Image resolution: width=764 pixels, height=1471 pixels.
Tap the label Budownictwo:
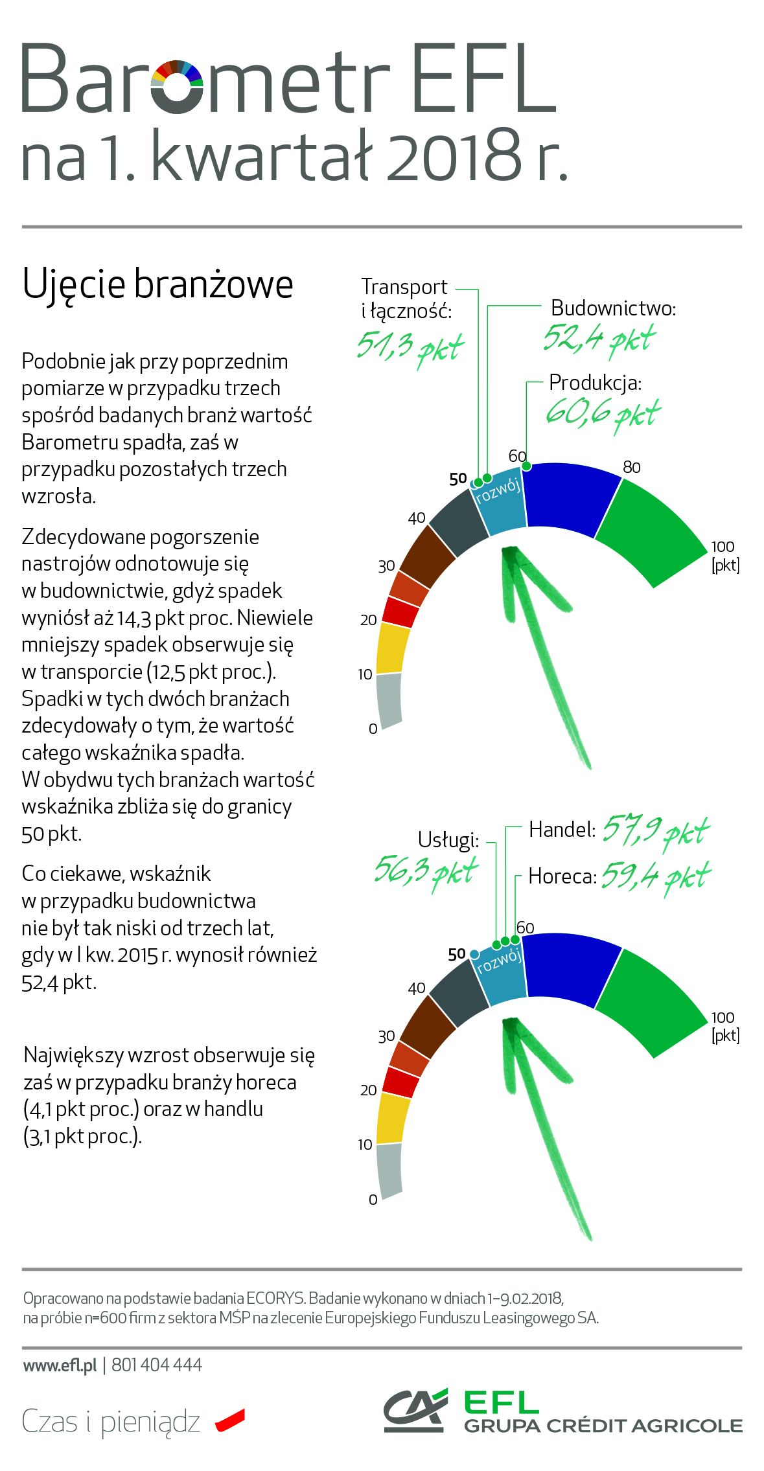click(613, 308)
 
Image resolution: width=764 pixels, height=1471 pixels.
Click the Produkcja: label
click(595, 383)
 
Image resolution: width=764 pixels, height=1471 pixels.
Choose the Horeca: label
click(562, 876)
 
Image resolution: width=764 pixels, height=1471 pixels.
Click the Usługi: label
click(448, 840)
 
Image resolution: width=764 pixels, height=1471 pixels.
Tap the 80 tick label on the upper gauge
click(631, 467)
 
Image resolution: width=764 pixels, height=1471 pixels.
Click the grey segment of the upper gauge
click(389, 700)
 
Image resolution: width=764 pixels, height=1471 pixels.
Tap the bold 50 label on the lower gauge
click(457, 954)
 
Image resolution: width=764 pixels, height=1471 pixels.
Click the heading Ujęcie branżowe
click(157, 284)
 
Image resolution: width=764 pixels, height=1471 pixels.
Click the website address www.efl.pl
click(60, 1365)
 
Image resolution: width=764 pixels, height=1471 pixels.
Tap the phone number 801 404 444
click(157, 1365)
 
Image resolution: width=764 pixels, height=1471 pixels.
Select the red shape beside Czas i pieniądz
click(230, 1420)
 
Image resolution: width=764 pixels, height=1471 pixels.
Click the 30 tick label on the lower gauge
click(386, 1036)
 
